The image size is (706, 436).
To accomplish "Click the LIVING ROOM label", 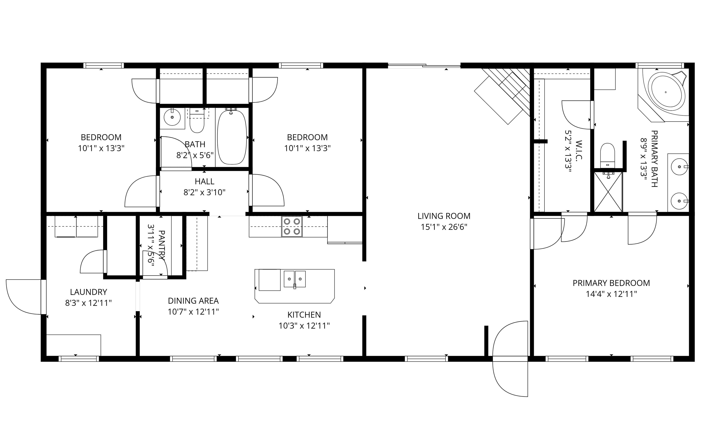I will click(444, 216).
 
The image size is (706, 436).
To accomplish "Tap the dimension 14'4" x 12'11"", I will click(611, 294).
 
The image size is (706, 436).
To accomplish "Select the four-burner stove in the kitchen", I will click(292, 226).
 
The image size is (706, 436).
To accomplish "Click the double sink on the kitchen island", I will click(294, 279).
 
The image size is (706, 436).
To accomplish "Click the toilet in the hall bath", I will click(197, 121).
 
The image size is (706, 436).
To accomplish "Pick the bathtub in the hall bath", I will click(232, 137).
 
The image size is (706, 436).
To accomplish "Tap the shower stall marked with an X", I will click(608, 192).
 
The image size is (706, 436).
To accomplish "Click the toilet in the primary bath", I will click(608, 156).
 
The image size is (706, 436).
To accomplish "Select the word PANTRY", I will click(162, 245).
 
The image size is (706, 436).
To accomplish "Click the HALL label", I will click(204, 181).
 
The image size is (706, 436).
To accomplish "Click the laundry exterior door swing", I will click(25, 297).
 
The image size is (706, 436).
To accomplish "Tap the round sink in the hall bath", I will click(172, 117).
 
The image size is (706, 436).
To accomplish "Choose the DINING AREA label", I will click(193, 301).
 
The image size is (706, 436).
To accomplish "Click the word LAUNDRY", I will click(88, 292).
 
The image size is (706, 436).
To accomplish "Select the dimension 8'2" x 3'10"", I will click(204, 192).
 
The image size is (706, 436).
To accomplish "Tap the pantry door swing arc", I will click(156, 264).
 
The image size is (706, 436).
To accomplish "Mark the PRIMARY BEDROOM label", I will click(611, 283).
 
